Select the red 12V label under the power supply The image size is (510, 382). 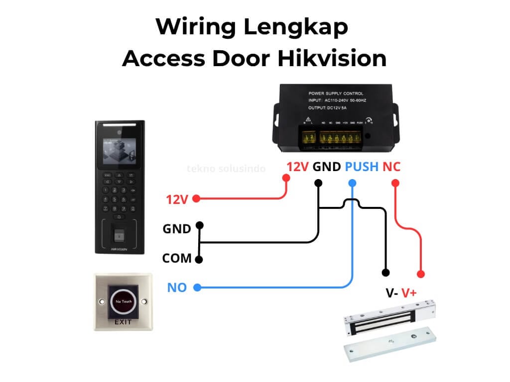(298, 167)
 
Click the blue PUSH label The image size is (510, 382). (362, 167)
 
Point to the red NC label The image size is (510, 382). (391, 167)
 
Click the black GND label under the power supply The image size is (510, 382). (327, 167)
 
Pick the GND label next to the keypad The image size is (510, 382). (177, 229)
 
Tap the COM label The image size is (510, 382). (177, 259)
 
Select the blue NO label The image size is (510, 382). (177, 287)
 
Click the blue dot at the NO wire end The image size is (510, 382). (197, 287)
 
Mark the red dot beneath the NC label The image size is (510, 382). (395, 183)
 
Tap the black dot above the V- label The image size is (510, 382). (385, 273)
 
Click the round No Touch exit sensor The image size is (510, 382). (123, 302)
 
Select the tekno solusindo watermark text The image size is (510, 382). (226, 169)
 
